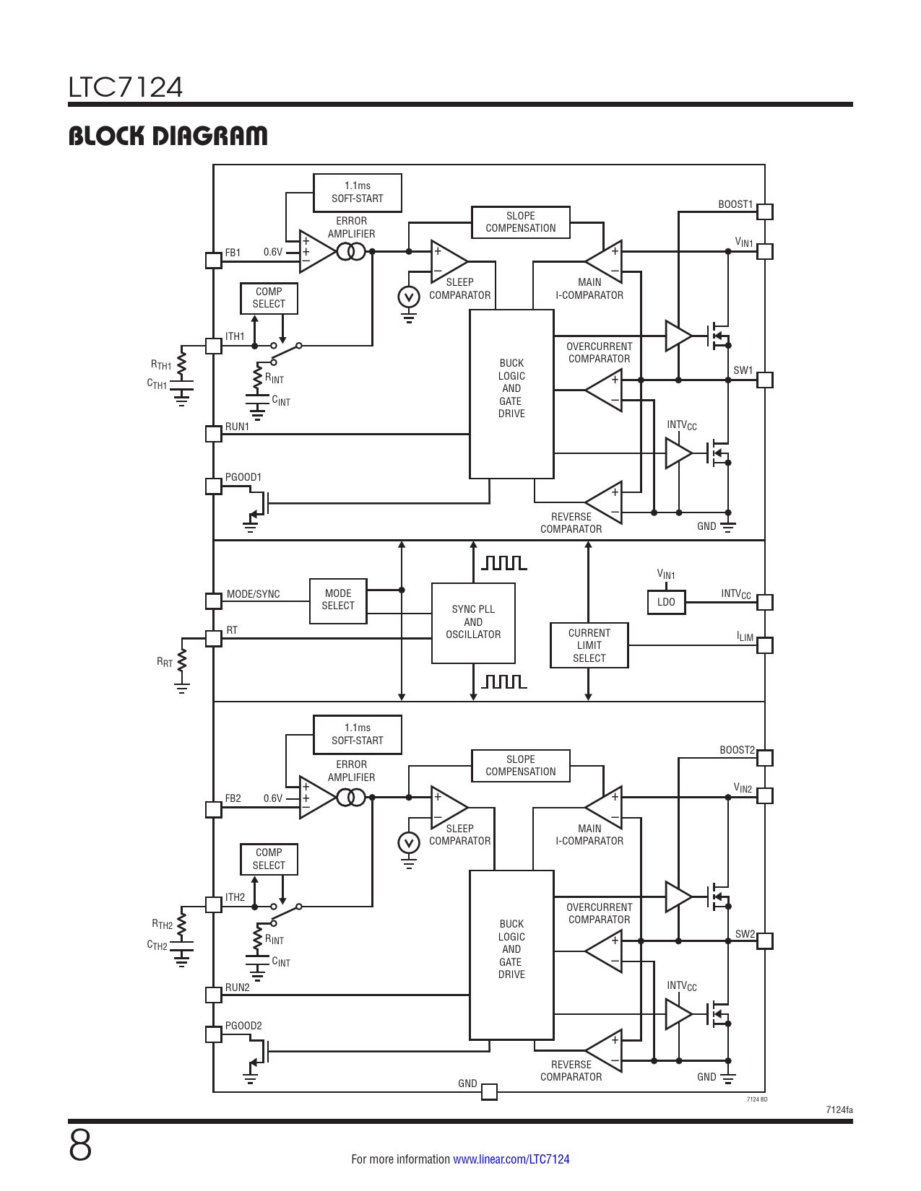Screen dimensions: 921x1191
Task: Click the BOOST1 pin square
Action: coord(764,211)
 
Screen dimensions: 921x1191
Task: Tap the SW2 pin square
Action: coord(764,941)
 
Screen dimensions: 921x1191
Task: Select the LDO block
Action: coord(666,602)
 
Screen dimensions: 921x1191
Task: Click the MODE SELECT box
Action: coord(338,601)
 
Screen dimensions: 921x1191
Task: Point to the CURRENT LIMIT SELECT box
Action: coord(589,645)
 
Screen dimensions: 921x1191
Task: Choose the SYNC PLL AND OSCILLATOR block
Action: coord(473,623)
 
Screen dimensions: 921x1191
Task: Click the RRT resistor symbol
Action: coord(181,660)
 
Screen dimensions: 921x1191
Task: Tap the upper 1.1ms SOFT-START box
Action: coord(357,193)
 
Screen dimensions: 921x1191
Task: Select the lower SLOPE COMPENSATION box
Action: coord(521,765)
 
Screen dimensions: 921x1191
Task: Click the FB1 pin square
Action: coord(213,261)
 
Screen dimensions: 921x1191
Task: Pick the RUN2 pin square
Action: coord(213,995)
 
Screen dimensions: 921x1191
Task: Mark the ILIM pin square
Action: coord(764,645)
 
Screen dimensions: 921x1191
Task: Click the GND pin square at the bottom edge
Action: coord(489,1092)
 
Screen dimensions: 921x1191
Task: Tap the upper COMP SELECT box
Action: coord(269,298)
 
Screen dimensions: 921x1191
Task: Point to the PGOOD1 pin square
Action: coord(213,487)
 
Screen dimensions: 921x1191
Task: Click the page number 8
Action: coord(80,1146)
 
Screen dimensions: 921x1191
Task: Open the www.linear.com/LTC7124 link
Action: coord(511,1159)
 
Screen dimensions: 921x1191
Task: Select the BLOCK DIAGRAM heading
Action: coord(168,136)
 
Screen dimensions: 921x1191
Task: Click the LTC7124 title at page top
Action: coord(126,87)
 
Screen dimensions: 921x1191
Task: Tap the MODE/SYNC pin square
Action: coord(213,601)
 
